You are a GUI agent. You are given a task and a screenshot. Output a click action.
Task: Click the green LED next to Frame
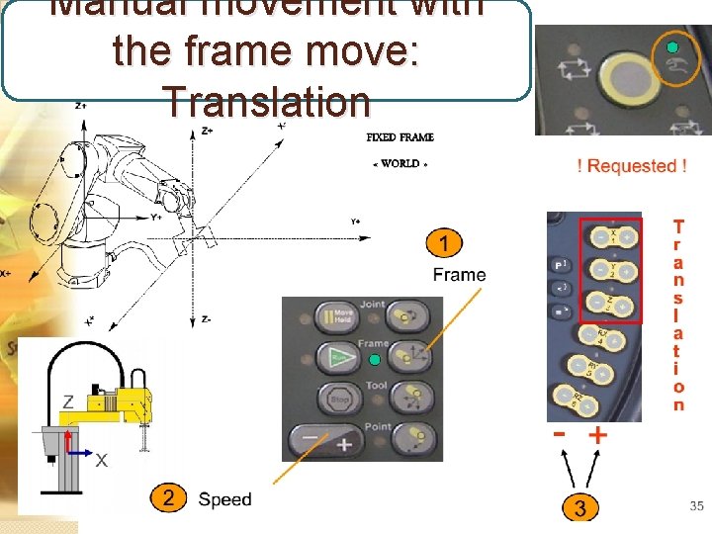coord(388,356)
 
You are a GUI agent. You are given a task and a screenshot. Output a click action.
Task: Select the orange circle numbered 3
coord(580,508)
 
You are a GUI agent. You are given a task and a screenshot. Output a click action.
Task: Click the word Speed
coord(224,499)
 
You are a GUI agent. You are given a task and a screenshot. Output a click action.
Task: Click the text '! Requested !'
coord(631,166)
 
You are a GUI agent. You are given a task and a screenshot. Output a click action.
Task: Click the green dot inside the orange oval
coord(672,48)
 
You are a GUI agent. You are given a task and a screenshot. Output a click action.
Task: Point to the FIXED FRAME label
coord(400,137)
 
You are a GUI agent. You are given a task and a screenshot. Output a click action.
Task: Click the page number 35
coord(696,506)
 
